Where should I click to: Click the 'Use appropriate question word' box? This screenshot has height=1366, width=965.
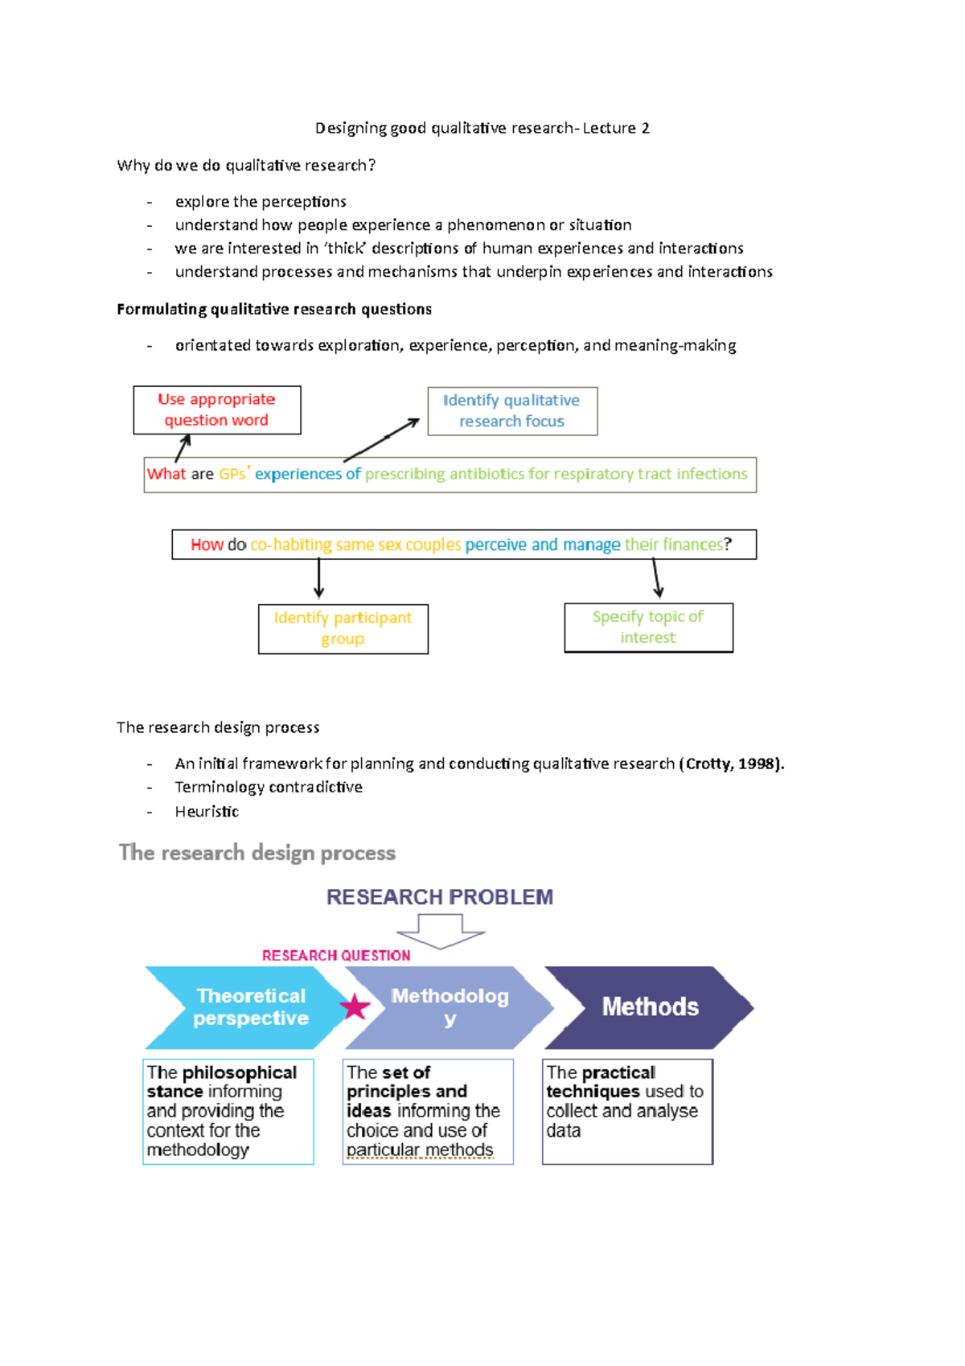pyautogui.click(x=216, y=410)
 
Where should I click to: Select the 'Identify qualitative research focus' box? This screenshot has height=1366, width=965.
pyautogui.click(x=511, y=411)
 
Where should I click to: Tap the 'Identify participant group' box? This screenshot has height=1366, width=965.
pyautogui.click(x=343, y=628)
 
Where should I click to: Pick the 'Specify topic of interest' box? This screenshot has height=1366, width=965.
pyautogui.click(x=648, y=627)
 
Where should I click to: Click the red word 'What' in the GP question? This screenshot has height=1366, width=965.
pyautogui.click(x=166, y=475)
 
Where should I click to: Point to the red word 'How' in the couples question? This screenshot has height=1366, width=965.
pyautogui.click(x=207, y=545)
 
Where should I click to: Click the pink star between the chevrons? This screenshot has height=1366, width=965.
pyautogui.click(x=355, y=1006)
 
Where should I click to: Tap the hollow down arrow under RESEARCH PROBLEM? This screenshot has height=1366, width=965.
pyautogui.click(x=441, y=931)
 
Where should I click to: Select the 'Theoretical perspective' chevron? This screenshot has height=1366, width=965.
pyautogui.click(x=245, y=1007)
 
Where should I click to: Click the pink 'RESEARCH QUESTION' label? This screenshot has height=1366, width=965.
pyautogui.click(x=336, y=956)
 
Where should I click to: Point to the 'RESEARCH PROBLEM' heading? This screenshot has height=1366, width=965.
pyautogui.click(x=440, y=897)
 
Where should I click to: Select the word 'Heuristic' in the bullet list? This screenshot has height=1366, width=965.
pyautogui.click(x=207, y=812)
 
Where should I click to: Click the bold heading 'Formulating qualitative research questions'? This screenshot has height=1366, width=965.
pyautogui.click(x=274, y=310)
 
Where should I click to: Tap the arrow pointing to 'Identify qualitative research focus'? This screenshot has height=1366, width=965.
pyautogui.click(x=381, y=439)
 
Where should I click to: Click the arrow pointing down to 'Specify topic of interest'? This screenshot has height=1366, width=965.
pyautogui.click(x=657, y=578)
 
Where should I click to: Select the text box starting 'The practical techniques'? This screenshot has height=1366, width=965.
pyautogui.click(x=627, y=1111)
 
